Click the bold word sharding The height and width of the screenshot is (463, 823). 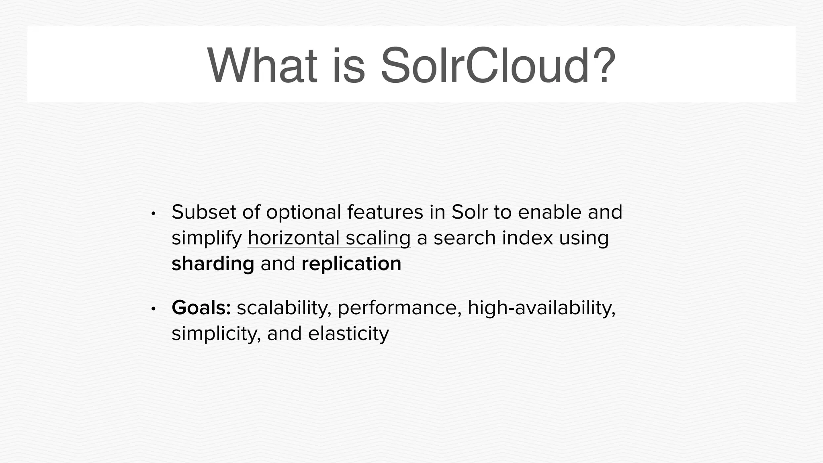click(x=213, y=264)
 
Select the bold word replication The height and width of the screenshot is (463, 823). click(x=351, y=264)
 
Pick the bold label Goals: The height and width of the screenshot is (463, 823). click(x=201, y=308)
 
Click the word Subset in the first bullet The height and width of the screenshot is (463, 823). click(x=204, y=212)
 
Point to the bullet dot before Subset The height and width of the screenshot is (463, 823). click(x=153, y=213)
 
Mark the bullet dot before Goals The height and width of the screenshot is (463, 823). click(x=153, y=309)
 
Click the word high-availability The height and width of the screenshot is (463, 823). click(x=541, y=308)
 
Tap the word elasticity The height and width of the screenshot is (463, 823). click(x=348, y=334)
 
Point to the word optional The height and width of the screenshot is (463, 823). click(x=303, y=213)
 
